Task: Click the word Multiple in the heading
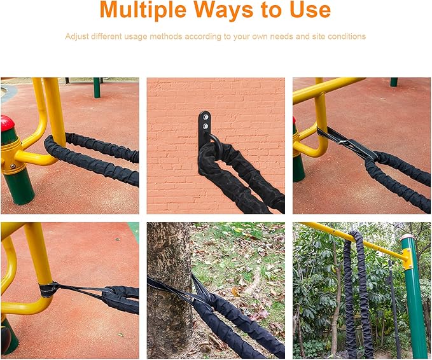coord(143,10)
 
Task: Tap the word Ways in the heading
coord(224,10)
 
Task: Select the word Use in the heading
coord(310,10)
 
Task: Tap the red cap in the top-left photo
coord(7,123)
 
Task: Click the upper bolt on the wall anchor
coord(205,118)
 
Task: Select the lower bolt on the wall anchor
coord(206,127)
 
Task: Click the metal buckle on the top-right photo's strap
coord(345,142)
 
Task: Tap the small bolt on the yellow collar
coord(13,166)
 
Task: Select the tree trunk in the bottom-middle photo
coord(169,289)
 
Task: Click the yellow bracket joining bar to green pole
coord(407,259)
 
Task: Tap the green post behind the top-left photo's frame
coord(97,88)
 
